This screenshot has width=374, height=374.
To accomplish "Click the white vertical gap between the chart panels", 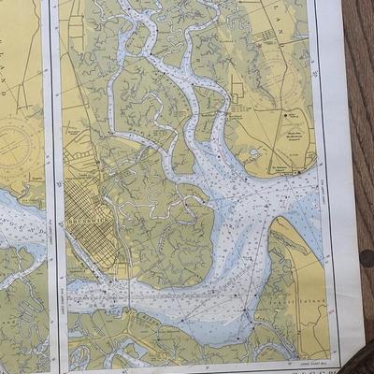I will click(53, 187).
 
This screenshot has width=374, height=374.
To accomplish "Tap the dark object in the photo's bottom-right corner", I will click(360, 360).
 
